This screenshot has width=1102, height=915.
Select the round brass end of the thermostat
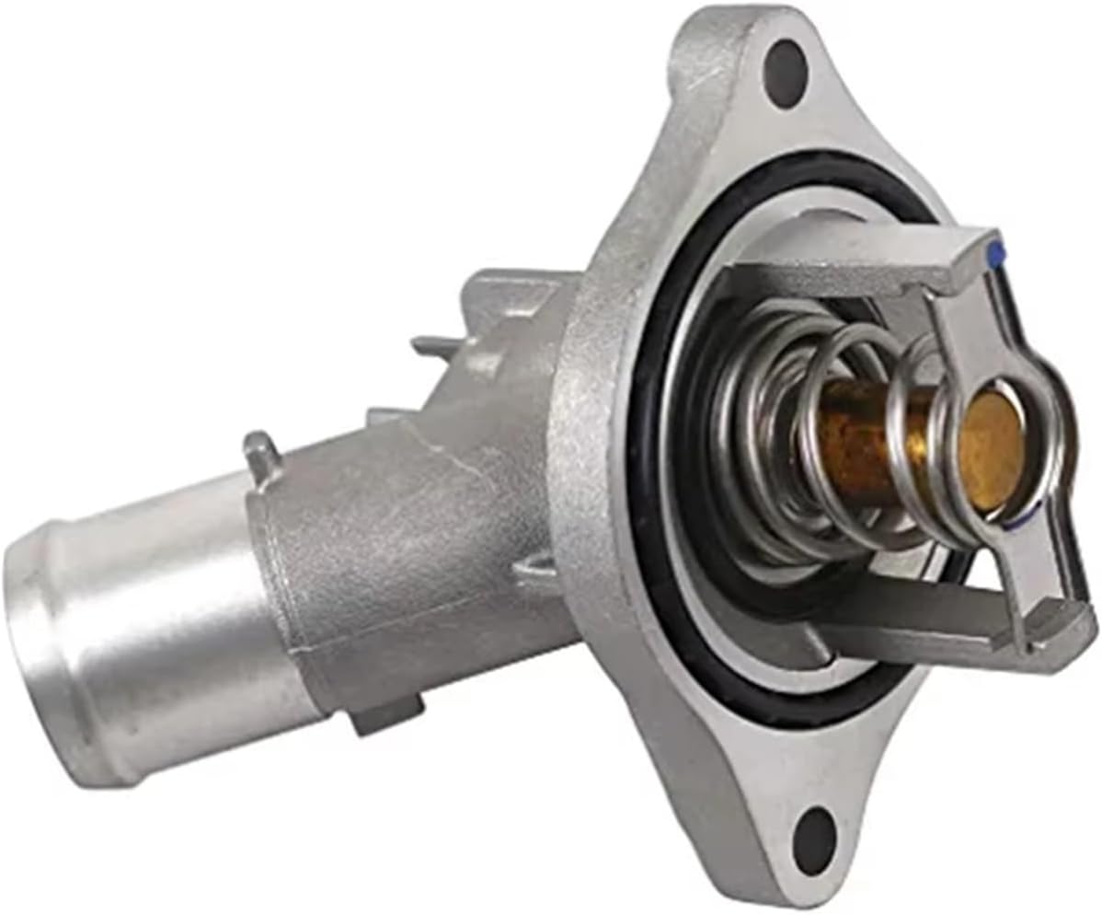[988, 448]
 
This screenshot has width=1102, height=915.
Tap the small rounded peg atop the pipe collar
[260, 448]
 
